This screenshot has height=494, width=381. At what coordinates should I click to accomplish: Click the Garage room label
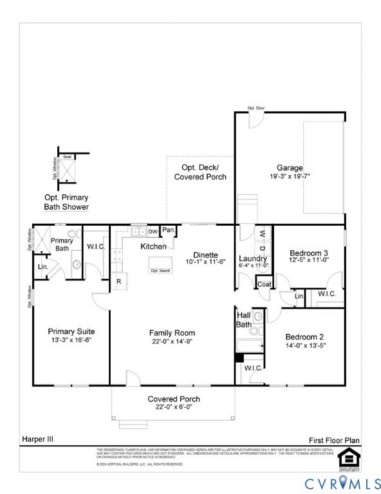(290, 167)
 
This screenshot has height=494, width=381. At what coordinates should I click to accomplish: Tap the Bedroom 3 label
(308, 253)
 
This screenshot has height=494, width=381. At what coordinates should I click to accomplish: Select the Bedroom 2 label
(304, 336)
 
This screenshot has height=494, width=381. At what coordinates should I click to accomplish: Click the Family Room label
(172, 333)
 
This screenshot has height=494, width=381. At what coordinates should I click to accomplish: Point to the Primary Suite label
(71, 331)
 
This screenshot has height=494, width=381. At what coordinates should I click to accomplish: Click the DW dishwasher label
(153, 232)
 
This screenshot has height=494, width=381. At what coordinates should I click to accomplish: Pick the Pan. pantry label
(169, 230)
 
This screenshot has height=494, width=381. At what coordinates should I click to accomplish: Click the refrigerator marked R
(118, 281)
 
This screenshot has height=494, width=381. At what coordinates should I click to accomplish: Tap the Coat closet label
(264, 284)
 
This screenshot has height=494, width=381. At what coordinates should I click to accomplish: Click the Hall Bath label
(244, 320)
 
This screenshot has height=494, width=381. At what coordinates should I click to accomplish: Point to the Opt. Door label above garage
(256, 108)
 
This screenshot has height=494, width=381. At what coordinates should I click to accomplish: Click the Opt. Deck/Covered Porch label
(200, 172)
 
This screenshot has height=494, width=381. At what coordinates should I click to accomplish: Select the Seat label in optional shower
(67, 156)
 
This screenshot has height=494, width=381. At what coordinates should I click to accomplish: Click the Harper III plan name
(39, 439)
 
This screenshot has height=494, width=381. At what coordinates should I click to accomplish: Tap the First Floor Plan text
(333, 440)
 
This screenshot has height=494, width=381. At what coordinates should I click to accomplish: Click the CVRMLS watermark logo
(342, 482)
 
